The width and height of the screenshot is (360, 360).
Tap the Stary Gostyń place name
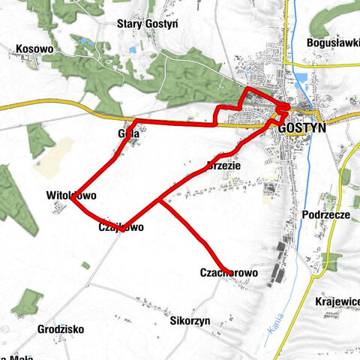(147, 23)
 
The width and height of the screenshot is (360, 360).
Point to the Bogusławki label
(333, 43)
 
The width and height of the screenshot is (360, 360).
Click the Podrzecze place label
(326, 214)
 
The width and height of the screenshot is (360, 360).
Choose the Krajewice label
(337, 301)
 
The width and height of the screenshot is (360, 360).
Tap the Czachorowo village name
(229, 274)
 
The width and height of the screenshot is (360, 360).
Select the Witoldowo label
(71, 196)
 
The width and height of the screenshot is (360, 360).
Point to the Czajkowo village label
(120, 226)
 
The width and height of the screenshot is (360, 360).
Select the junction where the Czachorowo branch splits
(160, 200)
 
